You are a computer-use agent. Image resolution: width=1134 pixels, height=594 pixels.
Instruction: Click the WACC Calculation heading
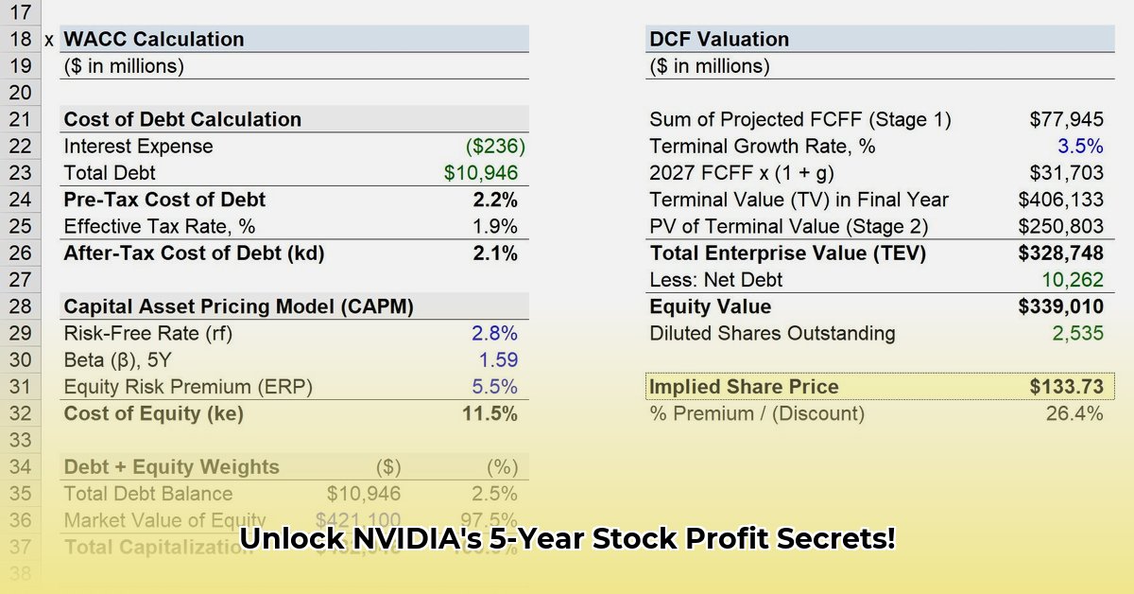coord(153,40)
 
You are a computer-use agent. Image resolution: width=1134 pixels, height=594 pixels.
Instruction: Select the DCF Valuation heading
coord(719,40)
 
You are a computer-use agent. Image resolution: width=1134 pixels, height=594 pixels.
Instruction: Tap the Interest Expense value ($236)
coord(495,147)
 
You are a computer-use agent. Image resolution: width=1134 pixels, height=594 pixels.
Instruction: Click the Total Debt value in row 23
coord(481,173)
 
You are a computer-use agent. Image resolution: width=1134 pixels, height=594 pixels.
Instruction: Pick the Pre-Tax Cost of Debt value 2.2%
coord(494,200)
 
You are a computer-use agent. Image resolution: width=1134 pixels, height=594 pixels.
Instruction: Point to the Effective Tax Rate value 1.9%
coord(494,227)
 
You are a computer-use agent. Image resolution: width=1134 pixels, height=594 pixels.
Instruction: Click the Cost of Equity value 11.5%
coord(490,413)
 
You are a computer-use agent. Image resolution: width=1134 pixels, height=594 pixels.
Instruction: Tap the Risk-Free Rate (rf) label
coord(147,334)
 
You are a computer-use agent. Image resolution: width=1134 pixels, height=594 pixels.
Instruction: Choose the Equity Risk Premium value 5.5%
coord(494,387)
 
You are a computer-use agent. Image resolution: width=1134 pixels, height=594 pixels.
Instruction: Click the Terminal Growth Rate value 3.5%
coord(1080,147)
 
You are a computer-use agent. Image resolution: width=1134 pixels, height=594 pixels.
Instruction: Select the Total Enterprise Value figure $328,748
coord(1060,253)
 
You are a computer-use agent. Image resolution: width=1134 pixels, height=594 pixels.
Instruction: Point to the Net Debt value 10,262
coord(1072,280)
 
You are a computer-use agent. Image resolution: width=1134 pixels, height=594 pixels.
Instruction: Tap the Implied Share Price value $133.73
coord(1066,387)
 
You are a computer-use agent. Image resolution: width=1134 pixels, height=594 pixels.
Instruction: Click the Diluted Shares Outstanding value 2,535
coord(1077,334)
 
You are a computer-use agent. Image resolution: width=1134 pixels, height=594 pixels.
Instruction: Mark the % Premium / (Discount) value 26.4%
coord(1074,413)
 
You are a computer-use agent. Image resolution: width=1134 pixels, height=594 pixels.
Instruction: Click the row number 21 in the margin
coord(21,120)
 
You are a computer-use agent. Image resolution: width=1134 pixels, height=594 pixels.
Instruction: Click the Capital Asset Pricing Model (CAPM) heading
coord(238,307)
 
